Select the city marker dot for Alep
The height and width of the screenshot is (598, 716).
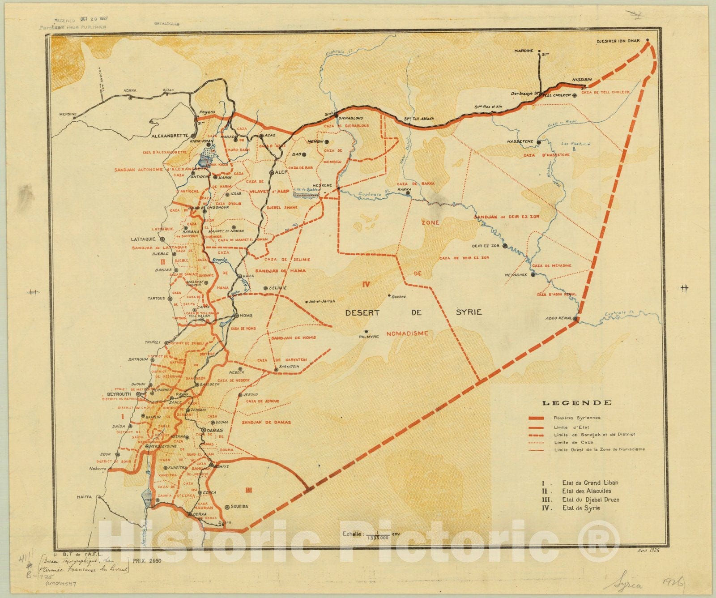point(272,172)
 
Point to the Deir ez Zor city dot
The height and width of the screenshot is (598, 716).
point(505,246)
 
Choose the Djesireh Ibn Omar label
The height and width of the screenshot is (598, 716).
point(620,42)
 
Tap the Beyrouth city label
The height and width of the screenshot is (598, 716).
point(119,394)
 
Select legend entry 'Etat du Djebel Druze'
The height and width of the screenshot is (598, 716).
point(591,500)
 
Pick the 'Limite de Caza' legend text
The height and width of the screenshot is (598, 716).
point(567,442)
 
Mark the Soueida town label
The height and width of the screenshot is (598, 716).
point(239,507)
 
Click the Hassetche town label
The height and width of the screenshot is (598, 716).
point(520,141)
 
